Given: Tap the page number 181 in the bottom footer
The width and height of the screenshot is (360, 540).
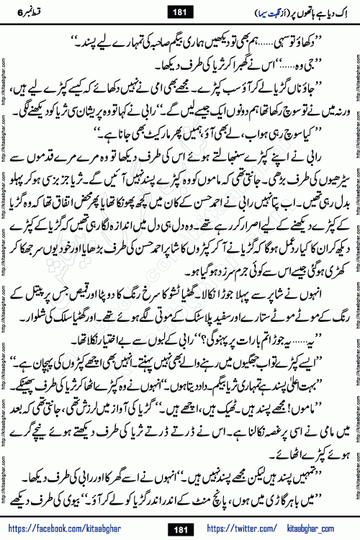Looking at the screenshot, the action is (x=180, y=528).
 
